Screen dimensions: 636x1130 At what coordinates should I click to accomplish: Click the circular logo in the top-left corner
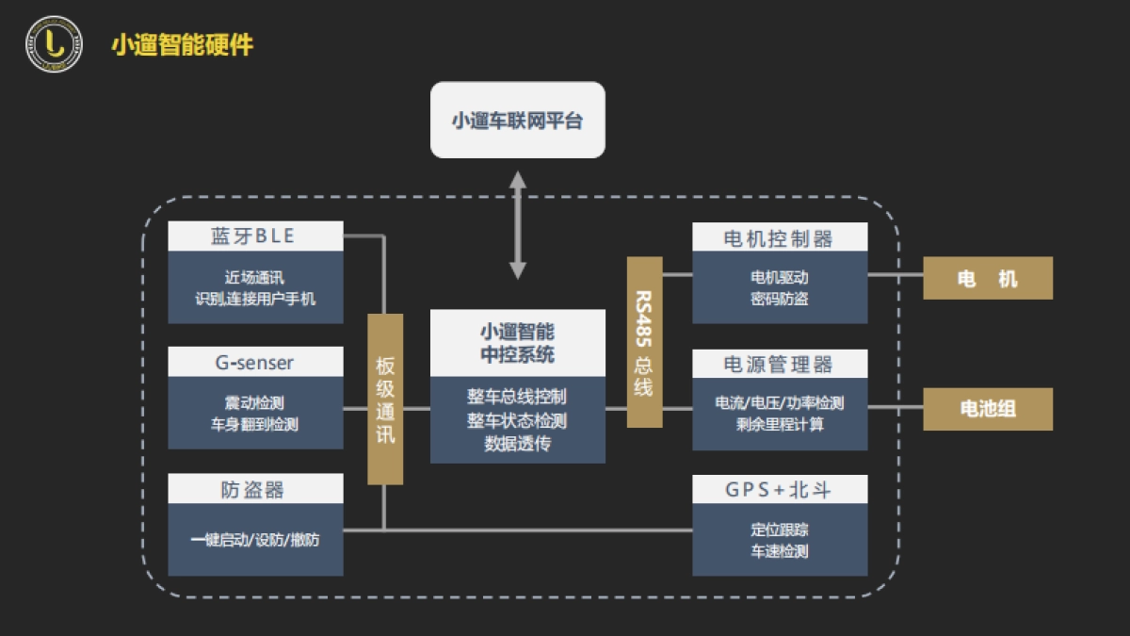point(54,44)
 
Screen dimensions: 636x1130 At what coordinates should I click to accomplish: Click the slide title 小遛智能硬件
point(182,45)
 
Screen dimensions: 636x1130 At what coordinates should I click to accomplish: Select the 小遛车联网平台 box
point(517,121)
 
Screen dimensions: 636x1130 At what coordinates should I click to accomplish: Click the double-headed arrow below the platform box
point(517,225)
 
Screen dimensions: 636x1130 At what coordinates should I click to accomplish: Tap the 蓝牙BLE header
point(255,236)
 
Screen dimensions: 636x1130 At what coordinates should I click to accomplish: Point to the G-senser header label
point(255,363)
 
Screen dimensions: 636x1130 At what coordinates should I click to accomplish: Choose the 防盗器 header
point(255,489)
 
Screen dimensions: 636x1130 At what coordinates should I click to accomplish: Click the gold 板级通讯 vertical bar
point(385,400)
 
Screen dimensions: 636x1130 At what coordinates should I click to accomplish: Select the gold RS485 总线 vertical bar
point(644,342)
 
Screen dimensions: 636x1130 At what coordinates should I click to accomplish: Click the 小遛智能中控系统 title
point(517,343)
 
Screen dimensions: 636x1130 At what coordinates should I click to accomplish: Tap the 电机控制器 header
point(779,238)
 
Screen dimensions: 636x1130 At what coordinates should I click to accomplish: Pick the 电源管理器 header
point(779,365)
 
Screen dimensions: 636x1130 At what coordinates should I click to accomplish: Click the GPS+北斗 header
point(779,490)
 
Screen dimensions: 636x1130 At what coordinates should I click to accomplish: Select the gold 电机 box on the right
point(987,279)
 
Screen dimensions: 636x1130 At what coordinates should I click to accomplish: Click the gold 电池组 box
point(987,409)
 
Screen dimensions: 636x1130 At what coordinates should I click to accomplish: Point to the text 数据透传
point(517,443)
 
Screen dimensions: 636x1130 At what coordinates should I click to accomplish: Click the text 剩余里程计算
point(779,424)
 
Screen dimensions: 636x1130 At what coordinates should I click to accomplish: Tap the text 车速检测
point(779,551)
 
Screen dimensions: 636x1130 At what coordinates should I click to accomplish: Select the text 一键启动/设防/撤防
point(254,540)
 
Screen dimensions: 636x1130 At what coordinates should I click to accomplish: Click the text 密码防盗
point(779,299)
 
